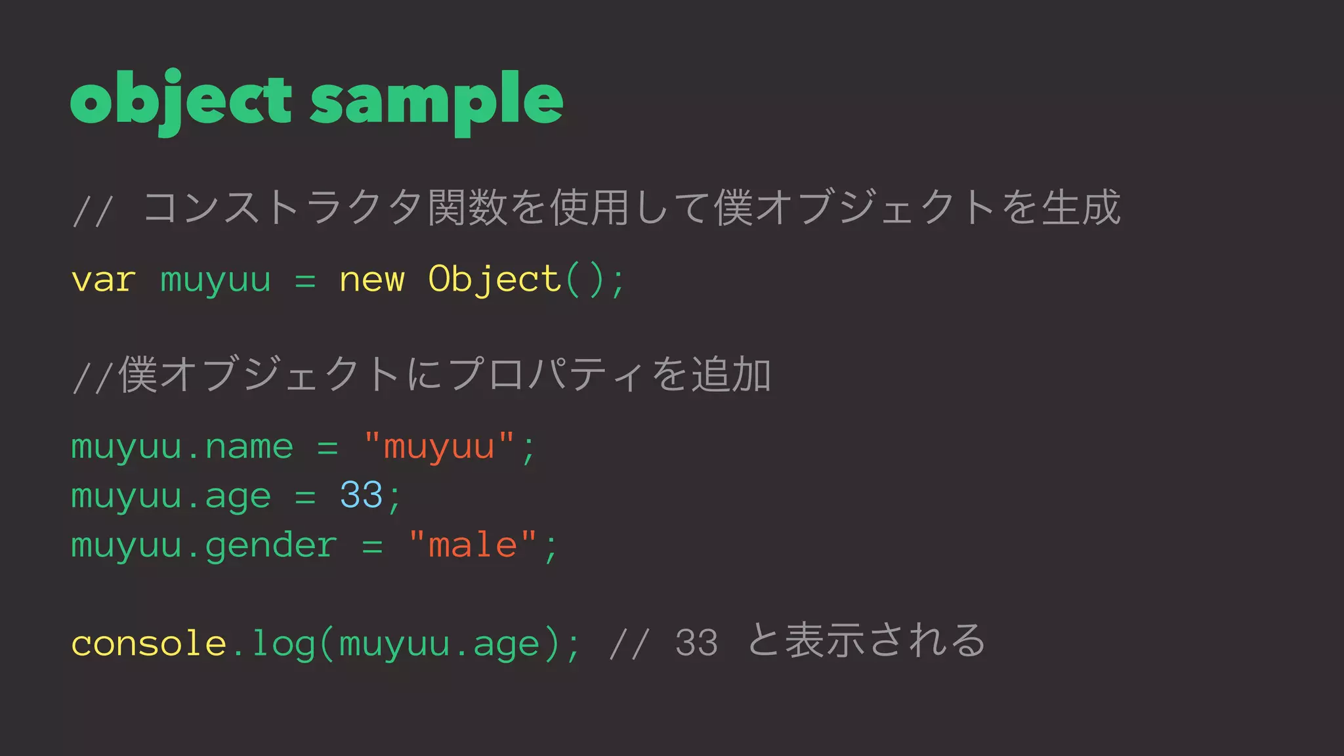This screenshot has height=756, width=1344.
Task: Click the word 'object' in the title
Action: pos(180,100)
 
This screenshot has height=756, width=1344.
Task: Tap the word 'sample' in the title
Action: pos(436,100)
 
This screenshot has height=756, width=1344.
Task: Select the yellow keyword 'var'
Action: pos(104,280)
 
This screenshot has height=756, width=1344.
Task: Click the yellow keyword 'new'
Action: pos(371,280)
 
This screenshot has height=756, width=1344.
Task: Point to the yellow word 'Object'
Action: pos(493,280)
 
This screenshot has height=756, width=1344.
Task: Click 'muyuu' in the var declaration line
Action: pos(215,280)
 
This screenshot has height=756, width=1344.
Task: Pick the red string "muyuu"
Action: pos(438,448)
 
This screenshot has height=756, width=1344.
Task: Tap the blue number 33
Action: pos(361,495)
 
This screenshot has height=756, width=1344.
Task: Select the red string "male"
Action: pos(472,545)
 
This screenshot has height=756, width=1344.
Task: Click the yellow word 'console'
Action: pos(148,643)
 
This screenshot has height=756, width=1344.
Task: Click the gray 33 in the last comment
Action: pos(696,643)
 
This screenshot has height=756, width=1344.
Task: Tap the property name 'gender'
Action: pos(271,545)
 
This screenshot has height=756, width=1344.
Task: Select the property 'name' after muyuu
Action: pos(249,448)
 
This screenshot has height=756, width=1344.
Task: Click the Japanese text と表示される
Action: pos(866,640)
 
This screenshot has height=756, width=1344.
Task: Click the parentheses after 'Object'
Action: pos(584,280)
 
